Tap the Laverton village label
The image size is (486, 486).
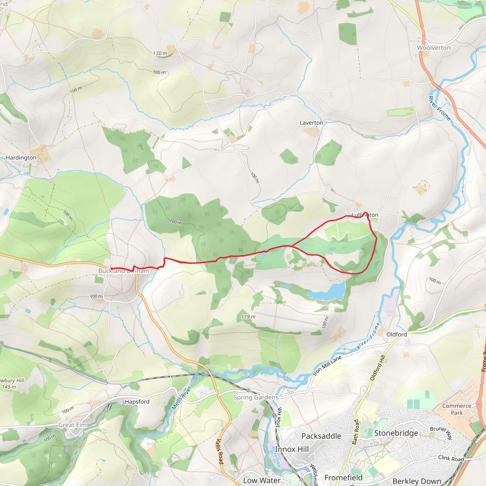(311, 123)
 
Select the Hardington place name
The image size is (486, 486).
(21, 158)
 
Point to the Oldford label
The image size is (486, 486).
(397, 334)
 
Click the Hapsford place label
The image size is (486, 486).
(137, 402)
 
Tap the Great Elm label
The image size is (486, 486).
(72, 425)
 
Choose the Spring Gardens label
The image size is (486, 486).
(256, 397)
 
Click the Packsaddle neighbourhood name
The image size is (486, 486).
(321, 436)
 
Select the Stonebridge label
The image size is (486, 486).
(396, 433)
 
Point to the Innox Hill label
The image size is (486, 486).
(292, 449)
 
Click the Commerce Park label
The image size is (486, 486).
(457, 409)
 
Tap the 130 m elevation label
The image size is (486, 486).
(160, 53)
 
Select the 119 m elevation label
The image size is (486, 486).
(248, 317)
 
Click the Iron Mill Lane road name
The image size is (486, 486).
(327, 365)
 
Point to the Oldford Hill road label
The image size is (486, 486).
(378, 368)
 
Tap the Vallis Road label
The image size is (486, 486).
(220, 452)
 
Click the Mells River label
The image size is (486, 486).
(181, 397)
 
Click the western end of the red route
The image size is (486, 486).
(112, 269)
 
